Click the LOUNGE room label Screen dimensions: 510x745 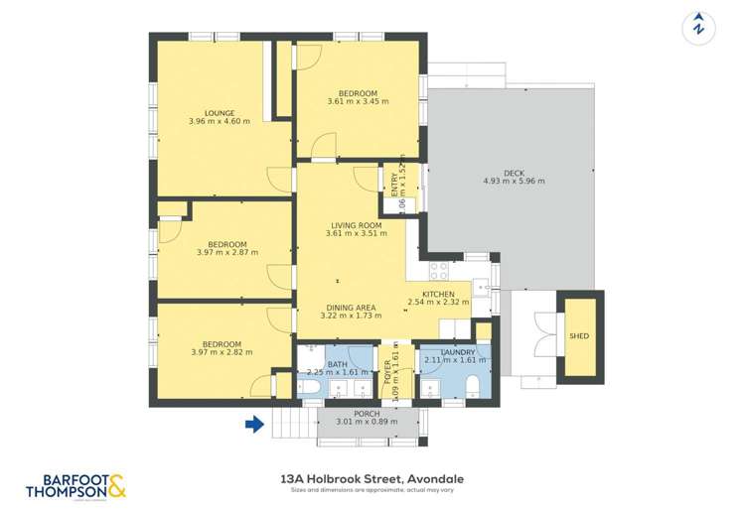219,112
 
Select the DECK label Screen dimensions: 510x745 514,173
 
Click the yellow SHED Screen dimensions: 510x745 579,336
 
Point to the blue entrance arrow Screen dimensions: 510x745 255,425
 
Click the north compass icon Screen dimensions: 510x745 699,28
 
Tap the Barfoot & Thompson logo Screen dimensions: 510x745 75,485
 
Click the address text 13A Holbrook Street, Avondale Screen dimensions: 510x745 372,478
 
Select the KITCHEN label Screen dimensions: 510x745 438,296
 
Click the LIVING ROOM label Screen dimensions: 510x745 357,225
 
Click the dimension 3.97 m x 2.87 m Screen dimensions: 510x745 227,253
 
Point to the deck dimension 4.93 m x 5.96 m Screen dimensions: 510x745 514,182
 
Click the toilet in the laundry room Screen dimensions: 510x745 474,386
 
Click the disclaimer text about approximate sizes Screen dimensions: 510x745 372,490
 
